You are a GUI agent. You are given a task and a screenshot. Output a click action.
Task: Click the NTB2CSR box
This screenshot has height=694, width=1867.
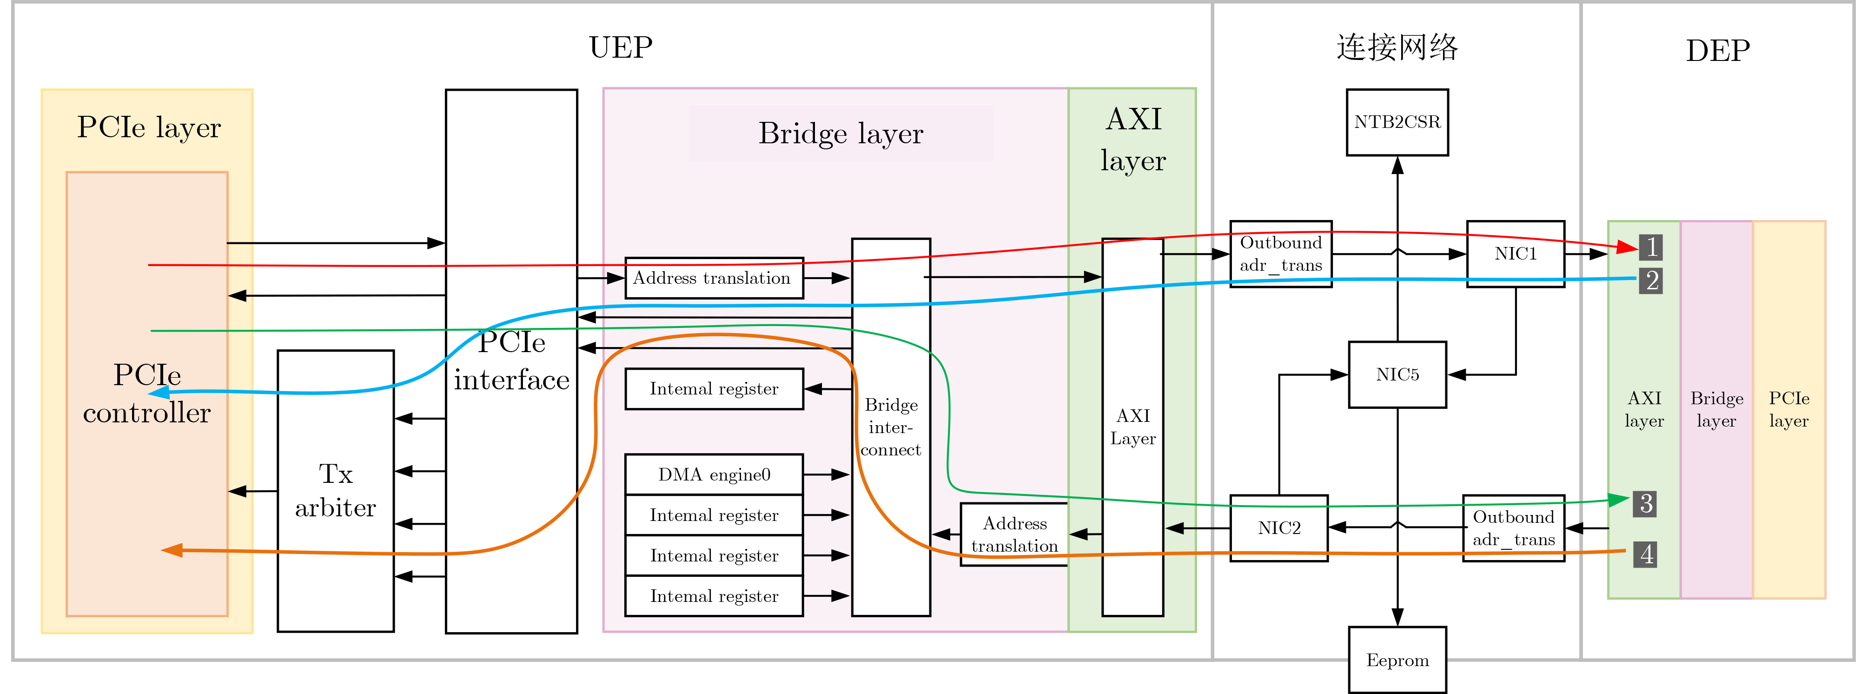pos(1397,122)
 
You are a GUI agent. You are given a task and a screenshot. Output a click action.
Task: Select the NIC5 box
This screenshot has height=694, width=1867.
pos(1397,374)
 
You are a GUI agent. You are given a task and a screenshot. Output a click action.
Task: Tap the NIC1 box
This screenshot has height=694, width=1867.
pos(1515,254)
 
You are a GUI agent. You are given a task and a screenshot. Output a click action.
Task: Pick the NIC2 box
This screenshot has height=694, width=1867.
pos(1278,528)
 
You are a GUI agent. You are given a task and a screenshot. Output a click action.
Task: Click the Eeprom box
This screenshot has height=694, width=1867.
pos(1397,660)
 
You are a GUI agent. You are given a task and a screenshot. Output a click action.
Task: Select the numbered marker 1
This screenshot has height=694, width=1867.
pos(1650,247)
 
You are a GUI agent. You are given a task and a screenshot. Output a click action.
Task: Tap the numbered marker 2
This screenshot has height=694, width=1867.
pos(1650,280)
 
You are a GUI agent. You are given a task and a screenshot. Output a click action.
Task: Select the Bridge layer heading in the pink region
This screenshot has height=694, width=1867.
pos(841,133)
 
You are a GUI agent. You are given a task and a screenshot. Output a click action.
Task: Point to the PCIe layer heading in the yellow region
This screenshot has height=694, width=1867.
pos(149,127)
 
